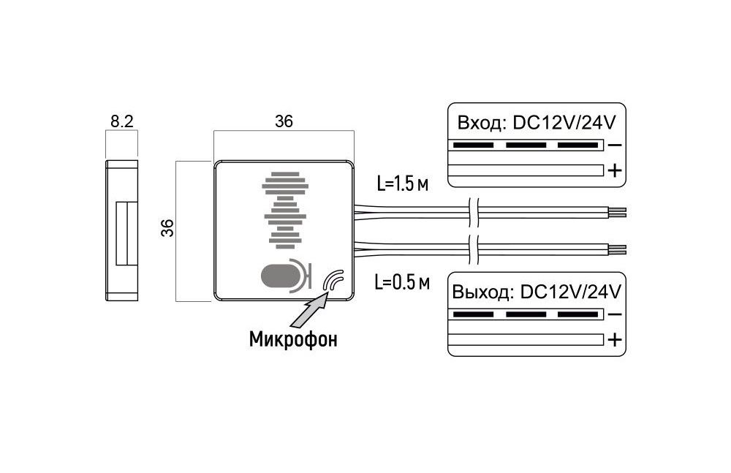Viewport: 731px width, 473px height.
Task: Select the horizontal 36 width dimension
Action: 284,122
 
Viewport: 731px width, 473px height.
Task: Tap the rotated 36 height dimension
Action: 167,229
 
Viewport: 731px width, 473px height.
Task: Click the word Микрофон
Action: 294,340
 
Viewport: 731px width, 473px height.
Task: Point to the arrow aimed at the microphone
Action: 310,308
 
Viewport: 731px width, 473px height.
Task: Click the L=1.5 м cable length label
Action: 403,183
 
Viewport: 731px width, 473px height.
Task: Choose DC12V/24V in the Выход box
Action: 569,292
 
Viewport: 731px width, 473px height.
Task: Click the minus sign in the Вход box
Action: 615,145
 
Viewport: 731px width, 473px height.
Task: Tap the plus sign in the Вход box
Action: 615,171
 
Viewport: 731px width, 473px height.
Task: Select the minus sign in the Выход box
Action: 615,315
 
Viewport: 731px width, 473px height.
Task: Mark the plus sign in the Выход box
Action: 615,340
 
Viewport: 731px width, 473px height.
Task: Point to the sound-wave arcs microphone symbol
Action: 334,281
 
